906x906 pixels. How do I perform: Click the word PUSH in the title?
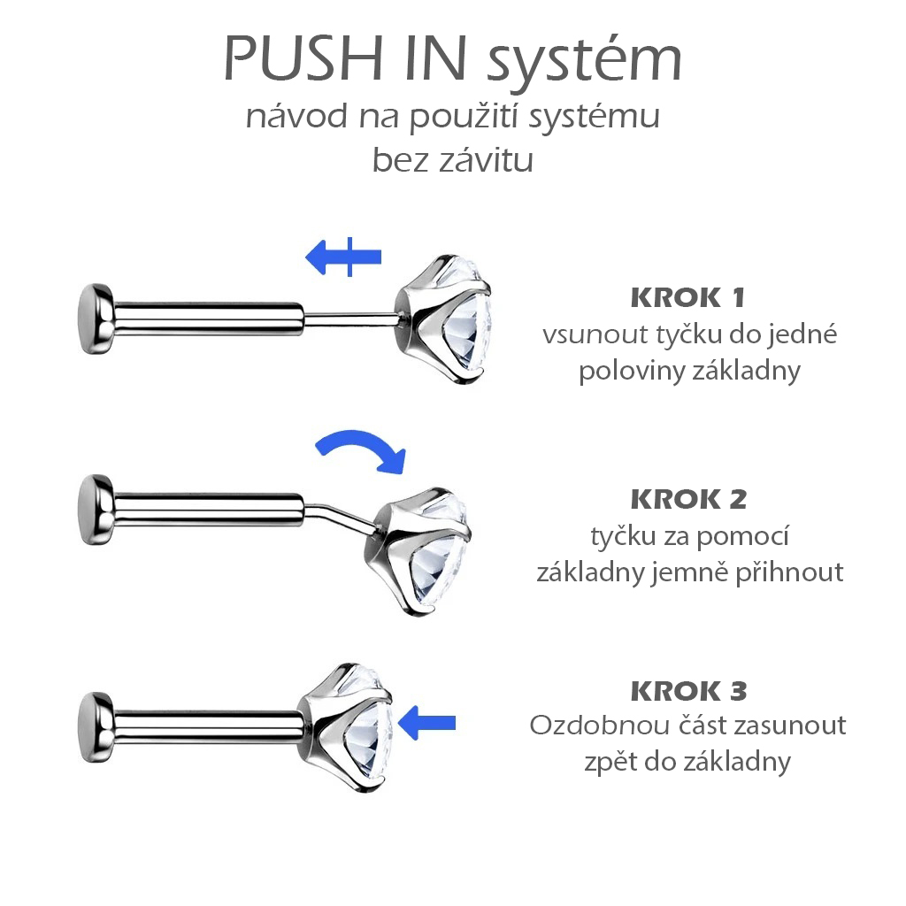[x=303, y=58]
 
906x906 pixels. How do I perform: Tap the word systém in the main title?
[x=585, y=63]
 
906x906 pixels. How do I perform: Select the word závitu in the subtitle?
[x=486, y=159]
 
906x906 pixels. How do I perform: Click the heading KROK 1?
[x=687, y=297]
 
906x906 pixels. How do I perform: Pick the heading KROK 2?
[x=688, y=499]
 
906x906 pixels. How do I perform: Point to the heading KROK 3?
[x=688, y=691]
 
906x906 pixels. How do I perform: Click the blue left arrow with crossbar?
[x=343, y=256]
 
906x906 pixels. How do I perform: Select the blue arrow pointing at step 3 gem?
[x=427, y=722]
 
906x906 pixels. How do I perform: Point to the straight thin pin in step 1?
[x=350, y=319]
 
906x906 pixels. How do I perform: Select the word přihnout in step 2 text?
[x=789, y=573]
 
